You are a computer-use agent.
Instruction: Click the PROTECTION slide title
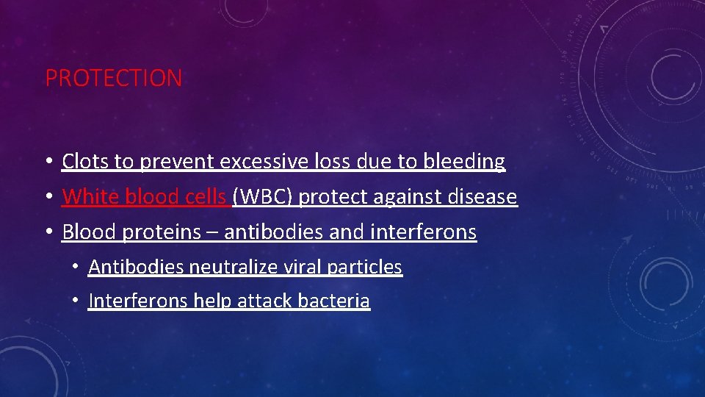[x=114, y=78]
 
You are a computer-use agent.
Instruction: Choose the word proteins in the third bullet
[x=162, y=232]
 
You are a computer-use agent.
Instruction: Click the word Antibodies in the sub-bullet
[x=136, y=267]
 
